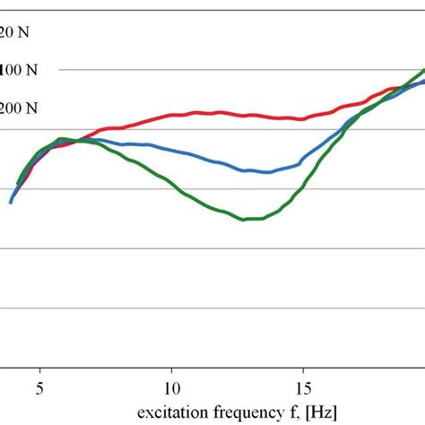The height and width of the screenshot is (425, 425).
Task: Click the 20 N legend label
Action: click(x=16, y=32)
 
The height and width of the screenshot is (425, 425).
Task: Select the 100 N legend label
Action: click(x=20, y=69)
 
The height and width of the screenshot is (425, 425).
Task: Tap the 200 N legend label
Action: click(x=20, y=108)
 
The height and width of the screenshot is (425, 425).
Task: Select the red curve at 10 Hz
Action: click(x=172, y=115)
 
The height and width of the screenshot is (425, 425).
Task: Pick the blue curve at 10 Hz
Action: click(x=172, y=151)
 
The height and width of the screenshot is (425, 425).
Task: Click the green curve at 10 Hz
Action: click(x=172, y=187)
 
